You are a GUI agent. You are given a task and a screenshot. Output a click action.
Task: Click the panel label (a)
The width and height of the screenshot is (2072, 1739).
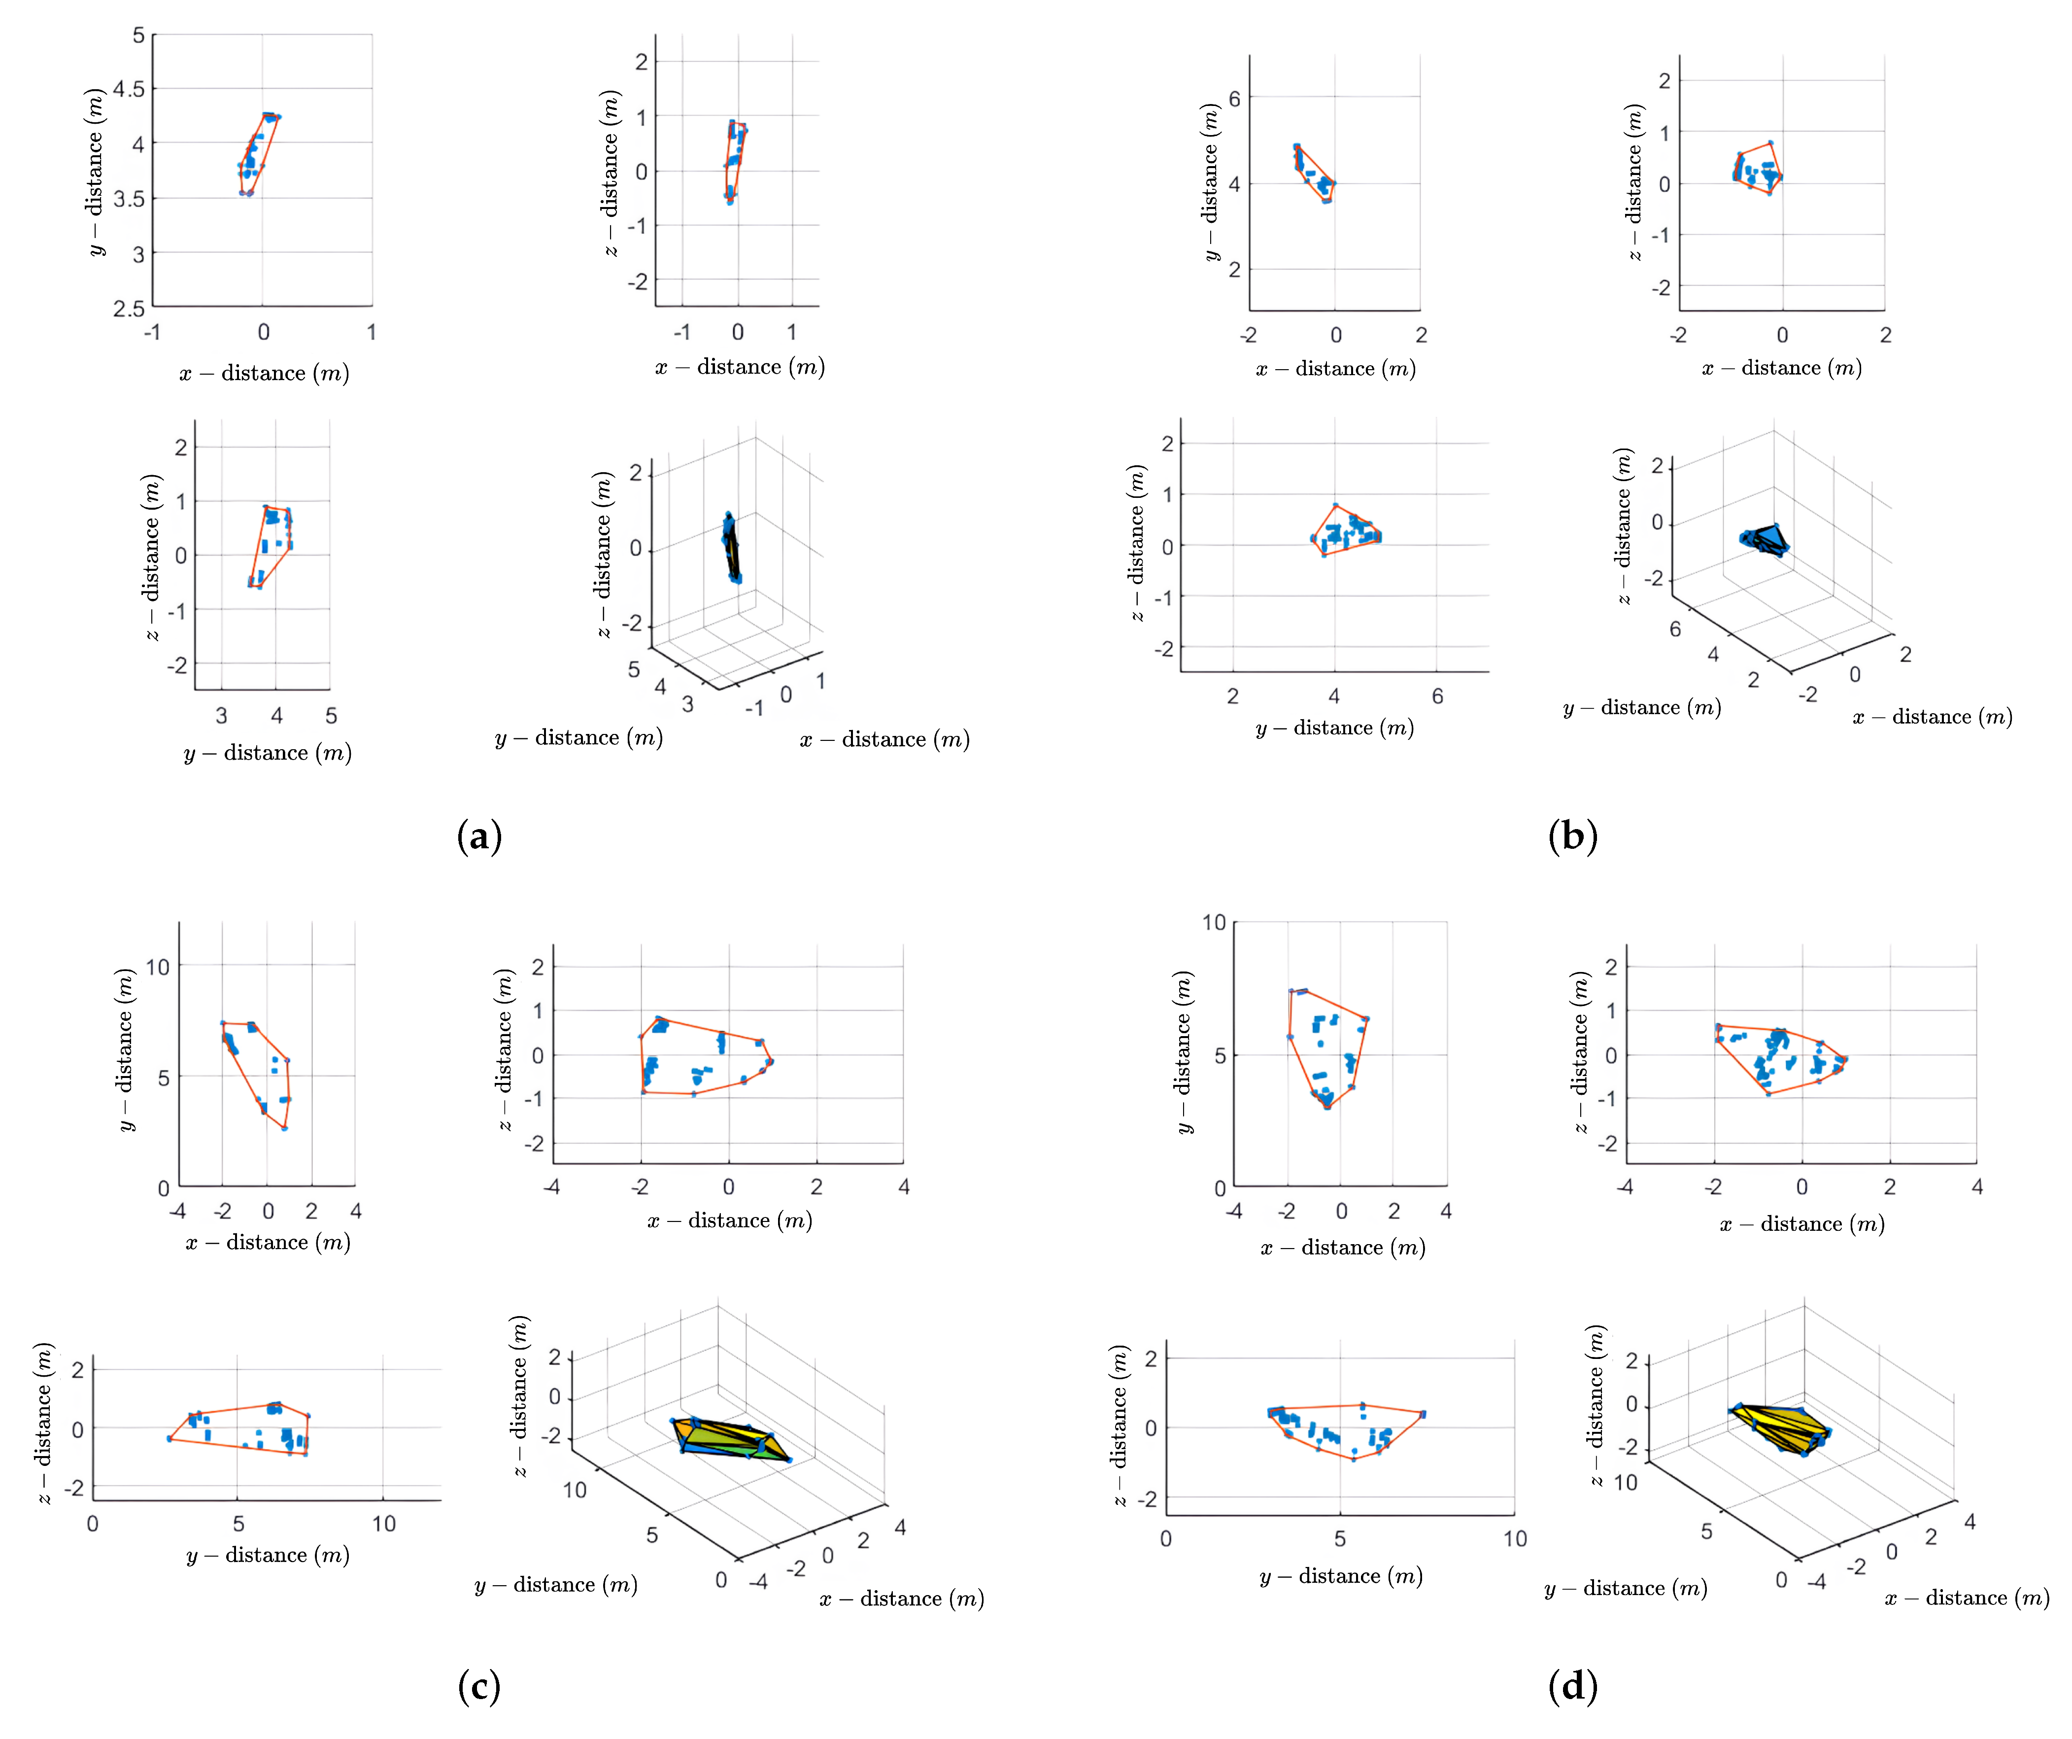click(x=479, y=837)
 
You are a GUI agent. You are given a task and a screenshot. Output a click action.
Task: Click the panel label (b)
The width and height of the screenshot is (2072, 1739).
click(x=1573, y=837)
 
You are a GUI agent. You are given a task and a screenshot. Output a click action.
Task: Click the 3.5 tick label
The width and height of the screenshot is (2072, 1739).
click(x=128, y=199)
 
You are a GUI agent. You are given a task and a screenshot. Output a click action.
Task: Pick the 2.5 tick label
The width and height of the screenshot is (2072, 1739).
click(x=128, y=309)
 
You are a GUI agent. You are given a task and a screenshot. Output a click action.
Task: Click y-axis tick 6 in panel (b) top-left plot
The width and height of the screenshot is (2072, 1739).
click(x=1234, y=99)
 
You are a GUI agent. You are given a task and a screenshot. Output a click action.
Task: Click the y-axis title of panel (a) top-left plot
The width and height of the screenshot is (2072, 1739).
click(x=96, y=173)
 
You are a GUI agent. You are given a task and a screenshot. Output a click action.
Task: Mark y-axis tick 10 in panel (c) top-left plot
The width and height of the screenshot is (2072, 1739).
click(x=158, y=967)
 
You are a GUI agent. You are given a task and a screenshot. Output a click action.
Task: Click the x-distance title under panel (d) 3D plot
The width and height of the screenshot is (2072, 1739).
click(x=1967, y=1598)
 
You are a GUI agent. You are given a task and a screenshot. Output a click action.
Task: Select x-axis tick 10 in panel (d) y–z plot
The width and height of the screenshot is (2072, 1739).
click(x=1515, y=1539)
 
